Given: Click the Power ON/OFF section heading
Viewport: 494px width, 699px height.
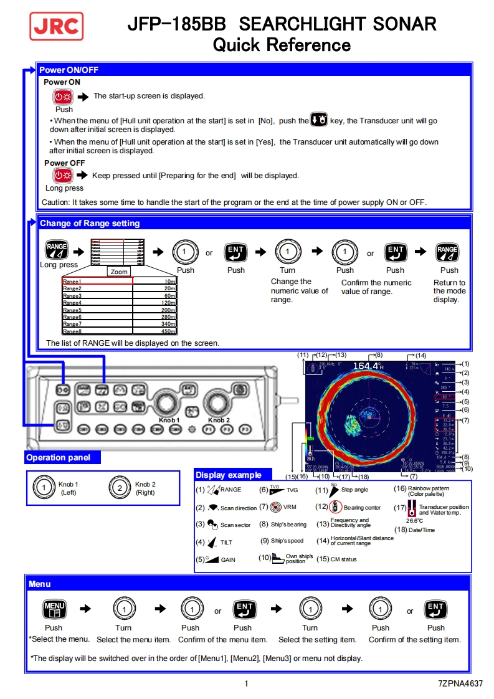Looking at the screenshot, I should [x=69, y=70].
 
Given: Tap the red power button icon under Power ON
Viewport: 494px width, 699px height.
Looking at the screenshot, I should [x=63, y=97].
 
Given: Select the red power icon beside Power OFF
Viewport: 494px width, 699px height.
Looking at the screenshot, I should [x=63, y=175].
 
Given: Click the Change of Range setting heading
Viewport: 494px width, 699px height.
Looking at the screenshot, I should [x=90, y=223].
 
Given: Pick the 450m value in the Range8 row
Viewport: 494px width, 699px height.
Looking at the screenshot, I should [x=169, y=331].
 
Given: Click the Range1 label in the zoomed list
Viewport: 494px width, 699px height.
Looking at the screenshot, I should [x=72, y=282].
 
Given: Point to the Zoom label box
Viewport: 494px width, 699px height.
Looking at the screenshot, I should [x=119, y=272].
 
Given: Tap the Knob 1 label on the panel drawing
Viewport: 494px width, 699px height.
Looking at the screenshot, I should [x=169, y=421].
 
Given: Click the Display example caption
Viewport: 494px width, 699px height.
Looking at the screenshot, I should [x=228, y=475].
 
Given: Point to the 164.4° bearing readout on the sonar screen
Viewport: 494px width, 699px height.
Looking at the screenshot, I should [x=368, y=366].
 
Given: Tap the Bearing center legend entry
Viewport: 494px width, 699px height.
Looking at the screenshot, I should [x=358, y=508].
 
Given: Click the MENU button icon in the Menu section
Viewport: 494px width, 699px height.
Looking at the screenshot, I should [x=54, y=609].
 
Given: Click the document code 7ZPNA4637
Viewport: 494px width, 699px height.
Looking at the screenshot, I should [x=460, y=683].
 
